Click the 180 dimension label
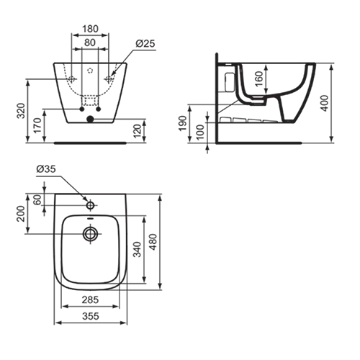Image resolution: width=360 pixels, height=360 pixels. pyautogui.click(x=90, y=29)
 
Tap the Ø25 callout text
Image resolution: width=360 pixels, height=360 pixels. pyautogui.click(x=145, y=44)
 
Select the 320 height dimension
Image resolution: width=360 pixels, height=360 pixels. pyautogui.click(x=22, y=111)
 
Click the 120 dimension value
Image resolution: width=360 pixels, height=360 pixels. pyautogui.click(x=138, y=131)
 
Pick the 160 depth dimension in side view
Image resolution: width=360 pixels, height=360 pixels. pyautogui.click(x=259, y=79)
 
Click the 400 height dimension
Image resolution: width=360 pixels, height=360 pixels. pyautogui.click(x=325, y=103)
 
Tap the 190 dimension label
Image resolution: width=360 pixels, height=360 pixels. pyautogui.click(x=183, y=123)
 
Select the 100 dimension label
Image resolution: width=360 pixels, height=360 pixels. pyautogui.click(x=199, y=132)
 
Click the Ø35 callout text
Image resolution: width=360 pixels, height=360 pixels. pyautogui.click(x=46, y=169)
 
